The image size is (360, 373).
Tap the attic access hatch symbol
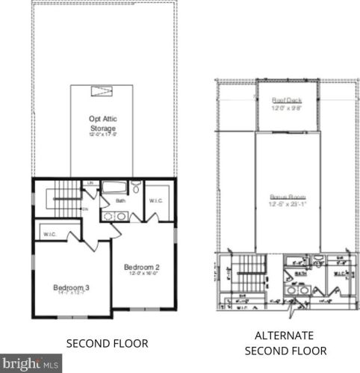pyautogui.click(x=101, y=91)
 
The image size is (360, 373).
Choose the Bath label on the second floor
pyautogui.click(x=120, y=200)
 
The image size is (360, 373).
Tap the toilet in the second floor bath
pyautogui.click(x=136, y=188)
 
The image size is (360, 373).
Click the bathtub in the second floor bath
pyautogui.click(x=114, y=188)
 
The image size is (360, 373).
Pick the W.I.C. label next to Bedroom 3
pyautogui.click(x=50, y=235)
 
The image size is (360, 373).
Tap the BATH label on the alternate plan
pyautogui.click(x=301, y=274)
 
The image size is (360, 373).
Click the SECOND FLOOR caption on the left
pyautogui.click(x=108, y=343)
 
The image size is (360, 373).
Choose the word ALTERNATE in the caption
pyautogui.click(x=283, y=336)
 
